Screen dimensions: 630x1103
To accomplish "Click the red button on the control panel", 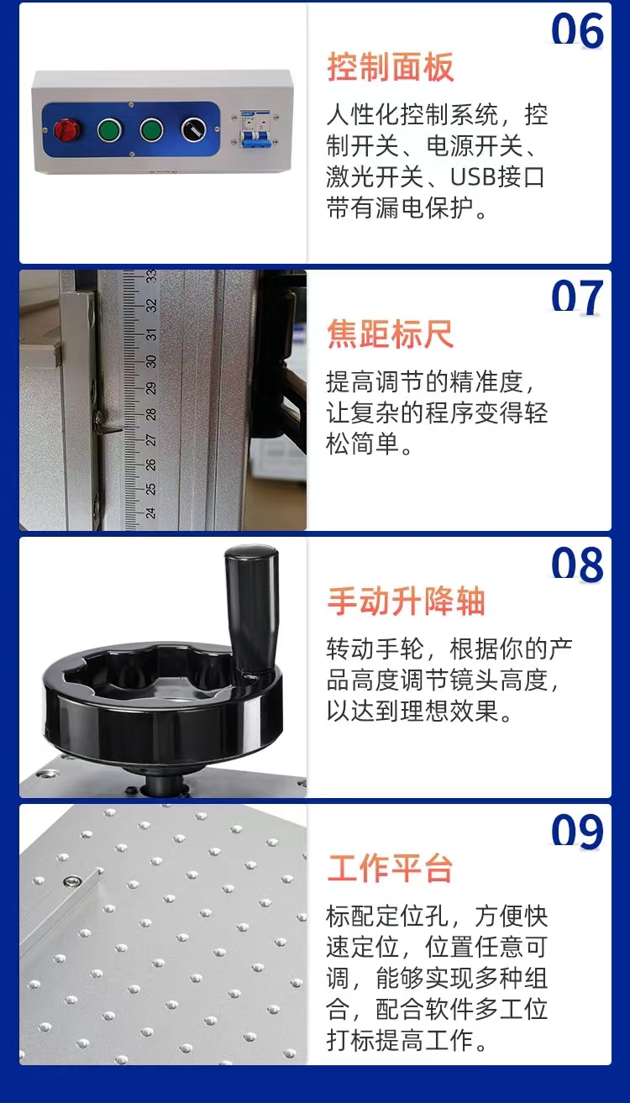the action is pos(67,129).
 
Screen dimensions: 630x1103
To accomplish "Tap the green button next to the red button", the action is pos(109,129).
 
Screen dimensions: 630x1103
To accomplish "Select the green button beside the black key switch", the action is pos(151,129).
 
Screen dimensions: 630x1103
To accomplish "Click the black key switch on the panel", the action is pos(193,129).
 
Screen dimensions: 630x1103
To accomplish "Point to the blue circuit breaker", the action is pos(256,129).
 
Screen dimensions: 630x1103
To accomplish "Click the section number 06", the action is pos(577,30).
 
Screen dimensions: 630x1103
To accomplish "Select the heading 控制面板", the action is pos(391,67).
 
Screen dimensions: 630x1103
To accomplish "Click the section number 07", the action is pos(577,297).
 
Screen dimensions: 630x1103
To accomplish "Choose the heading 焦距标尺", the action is pos(391,334).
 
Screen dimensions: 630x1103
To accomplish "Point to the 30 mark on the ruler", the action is pos(151,361).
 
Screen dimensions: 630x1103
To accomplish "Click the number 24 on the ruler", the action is pos(151,512).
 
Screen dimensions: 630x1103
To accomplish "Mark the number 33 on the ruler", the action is pos(151,276).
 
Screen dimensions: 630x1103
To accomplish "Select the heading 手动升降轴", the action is pos(407,601).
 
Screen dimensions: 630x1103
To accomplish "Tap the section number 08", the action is pos(577,565).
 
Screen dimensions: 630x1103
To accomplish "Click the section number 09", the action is pos(577,832).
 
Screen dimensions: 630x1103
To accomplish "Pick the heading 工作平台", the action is pos(391,869).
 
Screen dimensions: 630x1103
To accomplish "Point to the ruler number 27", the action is pos(151,439).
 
